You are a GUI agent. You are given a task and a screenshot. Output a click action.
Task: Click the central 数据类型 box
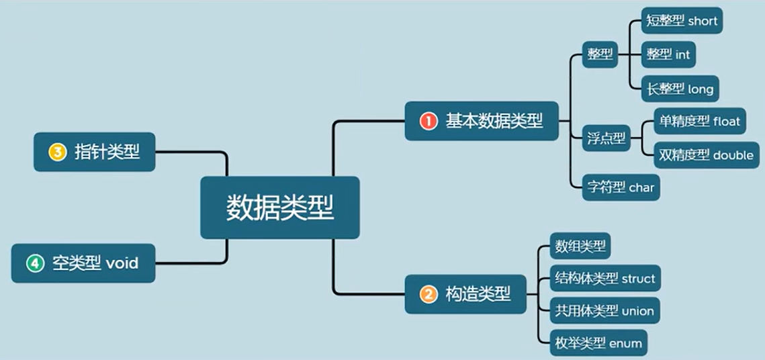point(280,208)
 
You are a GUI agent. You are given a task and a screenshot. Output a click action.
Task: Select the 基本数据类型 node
point(481,121)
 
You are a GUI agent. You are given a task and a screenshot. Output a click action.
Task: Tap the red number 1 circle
point(428,121)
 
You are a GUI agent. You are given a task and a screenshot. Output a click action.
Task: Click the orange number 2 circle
point(428,294)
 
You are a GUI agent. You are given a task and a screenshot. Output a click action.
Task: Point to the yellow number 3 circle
point(57,152)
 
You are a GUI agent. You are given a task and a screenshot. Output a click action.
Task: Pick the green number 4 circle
point(35,263)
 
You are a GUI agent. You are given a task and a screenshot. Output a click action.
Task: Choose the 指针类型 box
point(94,152)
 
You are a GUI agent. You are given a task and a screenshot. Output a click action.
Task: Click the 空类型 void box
point(83,263)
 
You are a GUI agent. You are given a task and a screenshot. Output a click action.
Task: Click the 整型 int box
point(668,54)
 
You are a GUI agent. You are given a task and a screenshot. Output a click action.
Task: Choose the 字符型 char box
point(621,187)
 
